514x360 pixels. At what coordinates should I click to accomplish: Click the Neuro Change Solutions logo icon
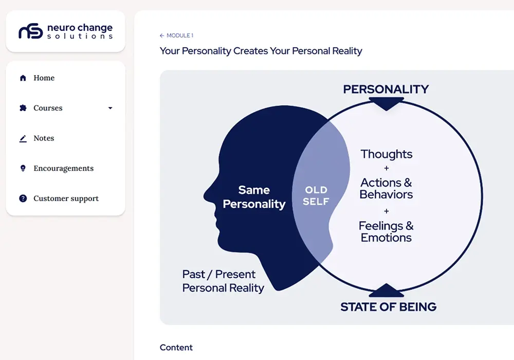(x=30, y=31)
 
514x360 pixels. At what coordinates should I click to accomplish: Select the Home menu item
(x=44, y=78)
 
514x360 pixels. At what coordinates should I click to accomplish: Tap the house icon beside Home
(x=23, y=78)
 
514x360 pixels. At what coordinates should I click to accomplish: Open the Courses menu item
(x=48, y=108)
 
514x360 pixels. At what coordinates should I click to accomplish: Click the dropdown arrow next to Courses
(x=110, y=108)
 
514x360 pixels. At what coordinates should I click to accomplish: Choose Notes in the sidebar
(x=44, y=138)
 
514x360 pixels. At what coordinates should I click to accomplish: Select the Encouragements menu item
(x=64, y=169)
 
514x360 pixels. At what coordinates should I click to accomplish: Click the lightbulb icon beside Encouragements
(x=23, y=169)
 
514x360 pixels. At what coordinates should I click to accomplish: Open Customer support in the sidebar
(x=66, y=199)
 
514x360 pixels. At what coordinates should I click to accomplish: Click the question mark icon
(x=23, y=199)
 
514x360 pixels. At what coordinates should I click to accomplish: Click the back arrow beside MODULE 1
(x=162, y=35)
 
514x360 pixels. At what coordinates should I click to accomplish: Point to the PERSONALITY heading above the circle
(x=386, y=89)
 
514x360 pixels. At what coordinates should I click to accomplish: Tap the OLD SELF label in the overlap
(x=316, y=196)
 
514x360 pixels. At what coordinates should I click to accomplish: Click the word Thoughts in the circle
(x=387, y=154)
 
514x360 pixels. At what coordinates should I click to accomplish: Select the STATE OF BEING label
(x=389, y=307)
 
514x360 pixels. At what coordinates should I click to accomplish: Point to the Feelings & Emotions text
(x=386, y=232)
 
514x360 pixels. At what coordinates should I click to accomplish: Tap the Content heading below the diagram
(x=176, y=348)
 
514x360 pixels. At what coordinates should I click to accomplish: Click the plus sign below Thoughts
(x=387, y=168)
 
